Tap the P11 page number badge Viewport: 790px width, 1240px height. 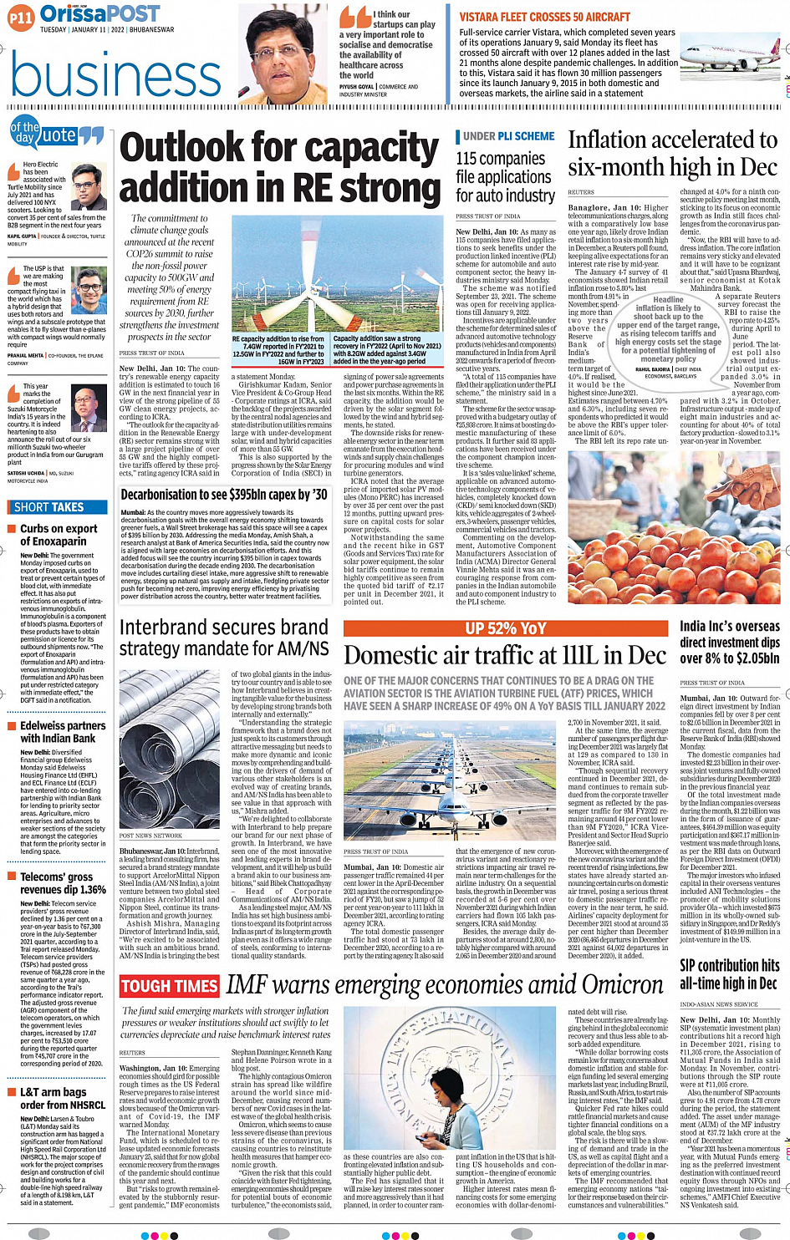click(x=21, y=17)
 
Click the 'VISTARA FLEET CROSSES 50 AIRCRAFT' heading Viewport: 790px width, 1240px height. click(x=556, y=17)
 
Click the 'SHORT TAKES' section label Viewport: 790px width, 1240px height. click(x=49, y=507)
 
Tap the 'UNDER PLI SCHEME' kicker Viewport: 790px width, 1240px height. click(x=508, y=136)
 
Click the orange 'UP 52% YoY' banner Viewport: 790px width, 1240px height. click(x=505, y=628)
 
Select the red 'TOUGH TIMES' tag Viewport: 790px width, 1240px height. click(x=170, y=987)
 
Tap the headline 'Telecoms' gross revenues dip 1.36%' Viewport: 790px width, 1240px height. click(x=63, y=883)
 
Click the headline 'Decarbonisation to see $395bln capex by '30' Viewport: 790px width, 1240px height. click(x=224, y=494)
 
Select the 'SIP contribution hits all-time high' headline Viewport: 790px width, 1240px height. click(x=729, y=973)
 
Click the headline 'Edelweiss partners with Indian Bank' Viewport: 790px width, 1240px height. click(x=63, y=732)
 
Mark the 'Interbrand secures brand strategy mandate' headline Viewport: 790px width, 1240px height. click(x=224, y=638)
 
